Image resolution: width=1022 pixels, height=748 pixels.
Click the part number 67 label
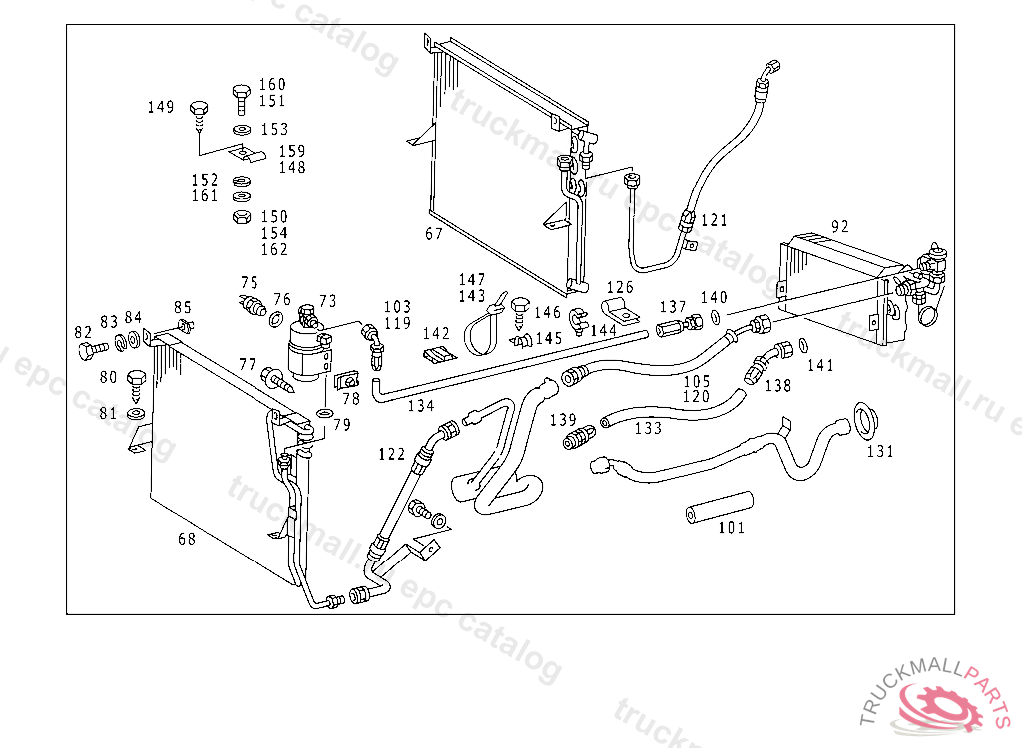pos(434,234)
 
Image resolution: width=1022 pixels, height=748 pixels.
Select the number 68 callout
pos(187,540)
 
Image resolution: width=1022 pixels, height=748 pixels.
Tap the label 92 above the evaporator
pos(840,226)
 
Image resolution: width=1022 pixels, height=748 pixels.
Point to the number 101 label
pos(731,528)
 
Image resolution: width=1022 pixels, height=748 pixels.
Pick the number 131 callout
pos(879,451)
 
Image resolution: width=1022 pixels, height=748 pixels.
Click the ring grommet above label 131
pos(864,420)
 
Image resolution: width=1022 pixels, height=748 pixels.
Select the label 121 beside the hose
pos(714,220)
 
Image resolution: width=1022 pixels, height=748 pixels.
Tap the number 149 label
pos(161,107)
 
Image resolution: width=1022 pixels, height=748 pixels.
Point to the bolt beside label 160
pos(241,98)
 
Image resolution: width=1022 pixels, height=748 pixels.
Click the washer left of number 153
pos(241,131)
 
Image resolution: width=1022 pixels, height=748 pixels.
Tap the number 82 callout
pos(83,332)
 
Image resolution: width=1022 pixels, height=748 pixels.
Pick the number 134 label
pos(421,406)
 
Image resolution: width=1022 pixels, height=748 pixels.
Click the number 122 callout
pos(392,454)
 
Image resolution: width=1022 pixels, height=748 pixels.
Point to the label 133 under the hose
pos(648,428)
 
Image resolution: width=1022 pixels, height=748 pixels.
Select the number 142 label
pos(436,334)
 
